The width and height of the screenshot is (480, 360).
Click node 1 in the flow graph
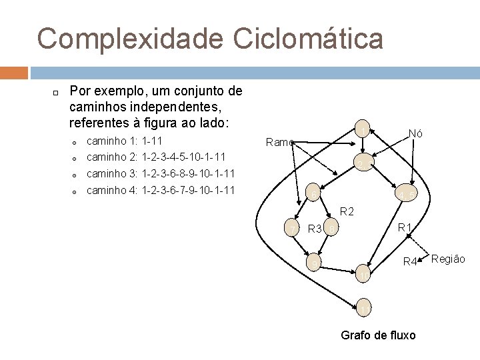click(363, 130)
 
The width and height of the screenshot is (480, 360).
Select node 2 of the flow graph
click(362, 165)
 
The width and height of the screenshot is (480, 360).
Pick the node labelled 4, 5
click(407, 195)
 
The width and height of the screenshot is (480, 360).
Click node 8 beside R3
click(331, 230)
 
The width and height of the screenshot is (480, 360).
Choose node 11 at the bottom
click(362, 309)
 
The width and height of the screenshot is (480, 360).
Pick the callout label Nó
click(415, 133)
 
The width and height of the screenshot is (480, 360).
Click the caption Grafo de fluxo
click(378, 335)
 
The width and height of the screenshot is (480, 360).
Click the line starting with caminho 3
click(161, 174)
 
